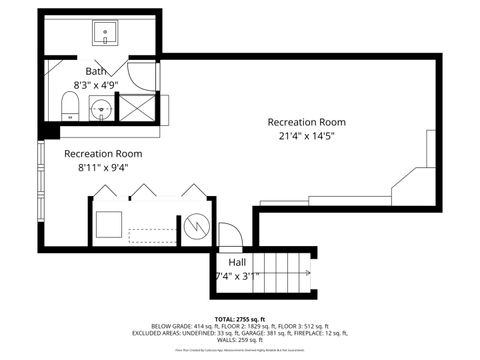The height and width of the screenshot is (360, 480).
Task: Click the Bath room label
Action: (96, 71)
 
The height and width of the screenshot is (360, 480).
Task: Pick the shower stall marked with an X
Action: (134, 107)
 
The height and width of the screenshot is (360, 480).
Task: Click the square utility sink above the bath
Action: (106, 35)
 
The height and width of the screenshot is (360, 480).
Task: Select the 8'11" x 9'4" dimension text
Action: (104, 169)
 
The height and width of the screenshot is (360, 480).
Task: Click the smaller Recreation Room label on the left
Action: (103, 154)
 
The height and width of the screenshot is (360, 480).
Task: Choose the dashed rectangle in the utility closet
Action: (150, 235)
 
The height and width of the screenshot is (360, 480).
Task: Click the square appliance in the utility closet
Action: (107, 224)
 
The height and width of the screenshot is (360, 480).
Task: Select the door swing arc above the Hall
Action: (230, 236)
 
